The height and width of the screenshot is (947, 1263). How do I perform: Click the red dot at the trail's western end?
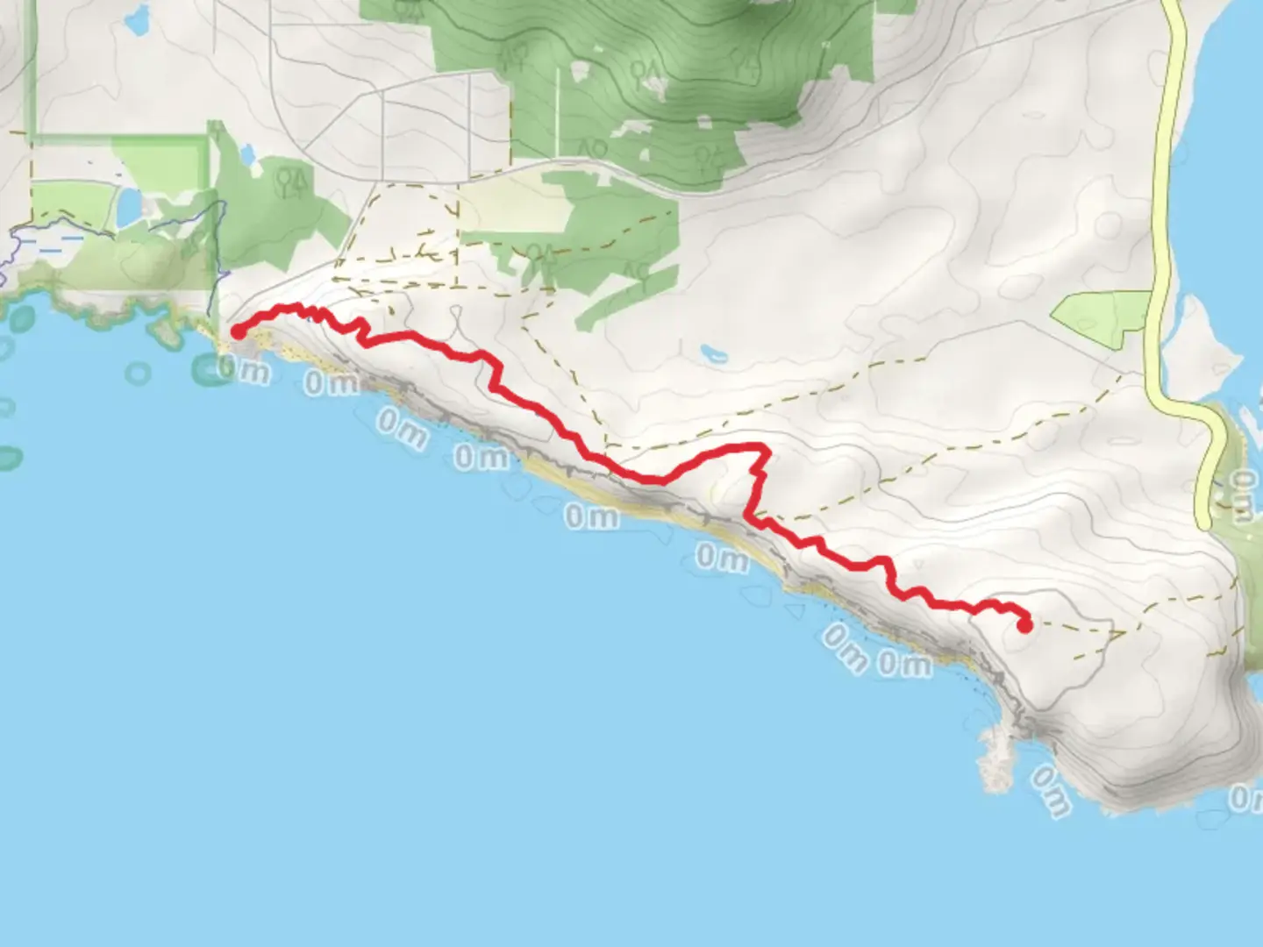point(237,331)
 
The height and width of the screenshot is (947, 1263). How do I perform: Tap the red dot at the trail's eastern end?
point(1024,625)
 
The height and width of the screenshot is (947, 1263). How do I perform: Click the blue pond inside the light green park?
point(128,207)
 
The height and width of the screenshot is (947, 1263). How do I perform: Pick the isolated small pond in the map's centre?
point(713,355)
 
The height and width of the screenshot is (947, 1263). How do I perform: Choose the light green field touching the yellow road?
point(1102,320)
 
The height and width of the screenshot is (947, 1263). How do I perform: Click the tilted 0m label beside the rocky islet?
point(1050,790)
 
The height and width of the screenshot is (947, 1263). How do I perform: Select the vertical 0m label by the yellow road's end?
point(1242,495)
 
